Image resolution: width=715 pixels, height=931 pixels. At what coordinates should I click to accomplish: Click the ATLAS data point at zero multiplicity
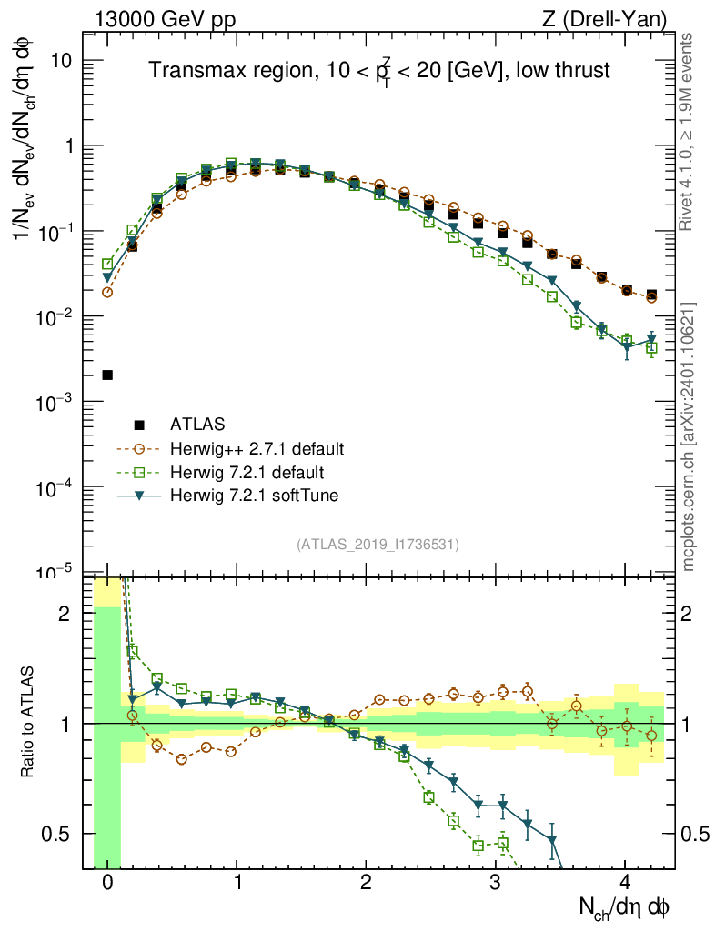107,375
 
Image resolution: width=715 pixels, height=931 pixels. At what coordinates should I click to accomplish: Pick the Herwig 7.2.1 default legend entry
247,473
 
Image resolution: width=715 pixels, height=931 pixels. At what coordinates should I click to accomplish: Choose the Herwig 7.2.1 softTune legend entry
253,496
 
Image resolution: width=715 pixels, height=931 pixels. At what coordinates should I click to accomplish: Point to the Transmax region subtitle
379,71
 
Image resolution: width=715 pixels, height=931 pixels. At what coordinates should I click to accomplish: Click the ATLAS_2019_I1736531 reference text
378,545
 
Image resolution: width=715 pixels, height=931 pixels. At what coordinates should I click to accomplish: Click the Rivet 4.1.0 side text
687,133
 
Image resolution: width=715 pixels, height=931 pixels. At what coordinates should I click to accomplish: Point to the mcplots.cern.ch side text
688,436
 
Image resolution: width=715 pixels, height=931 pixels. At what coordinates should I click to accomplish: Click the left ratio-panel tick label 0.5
58,834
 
